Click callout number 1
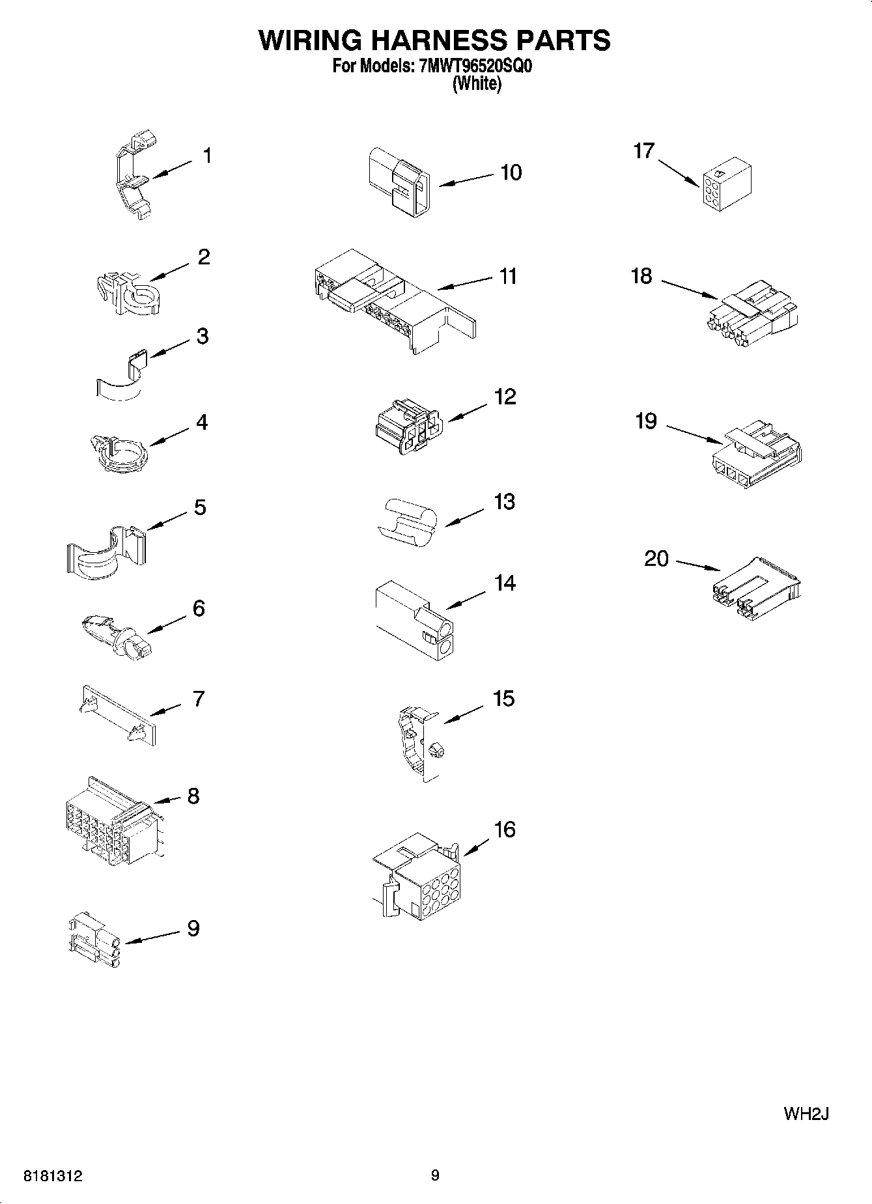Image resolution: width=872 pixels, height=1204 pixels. point(207,156)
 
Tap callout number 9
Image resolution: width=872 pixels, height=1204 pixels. point(193,928)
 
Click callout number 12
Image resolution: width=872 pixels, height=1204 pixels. point(505,397)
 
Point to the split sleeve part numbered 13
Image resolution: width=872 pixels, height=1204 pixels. point(407,521)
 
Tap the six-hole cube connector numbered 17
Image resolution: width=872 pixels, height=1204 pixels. point(727,185)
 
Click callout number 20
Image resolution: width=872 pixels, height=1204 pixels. point(656,559)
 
